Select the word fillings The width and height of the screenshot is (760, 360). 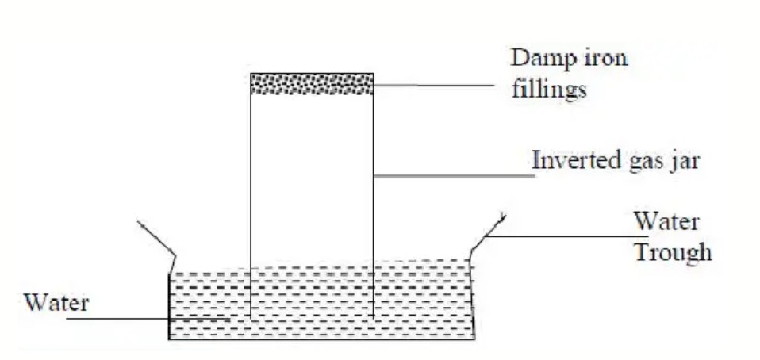click(549, 90)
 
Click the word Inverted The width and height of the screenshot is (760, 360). click(571, 160)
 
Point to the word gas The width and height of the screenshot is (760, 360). click(637, 162)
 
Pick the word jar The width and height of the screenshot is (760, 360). click(682, 161)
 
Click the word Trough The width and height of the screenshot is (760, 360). click(674, 253)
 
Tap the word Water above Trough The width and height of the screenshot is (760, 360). click(666, 222)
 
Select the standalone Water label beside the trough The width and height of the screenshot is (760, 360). click(56, 304)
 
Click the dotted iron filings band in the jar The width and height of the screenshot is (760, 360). click(312, 84)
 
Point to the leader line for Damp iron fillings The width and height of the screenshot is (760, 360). click(434, 86)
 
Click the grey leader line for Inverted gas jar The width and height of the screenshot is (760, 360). click(454, 176)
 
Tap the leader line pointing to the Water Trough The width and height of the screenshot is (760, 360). click(566, 236)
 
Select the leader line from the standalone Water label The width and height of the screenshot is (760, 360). click(148, 318)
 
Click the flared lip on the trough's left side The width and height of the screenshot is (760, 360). click(157, 238)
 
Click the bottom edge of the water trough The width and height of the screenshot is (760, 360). click(321, 339)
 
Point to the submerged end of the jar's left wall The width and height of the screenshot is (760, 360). click(251, 318)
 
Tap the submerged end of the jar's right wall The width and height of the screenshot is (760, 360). click(373, 318)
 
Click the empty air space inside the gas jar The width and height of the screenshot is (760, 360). click(312, 179)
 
